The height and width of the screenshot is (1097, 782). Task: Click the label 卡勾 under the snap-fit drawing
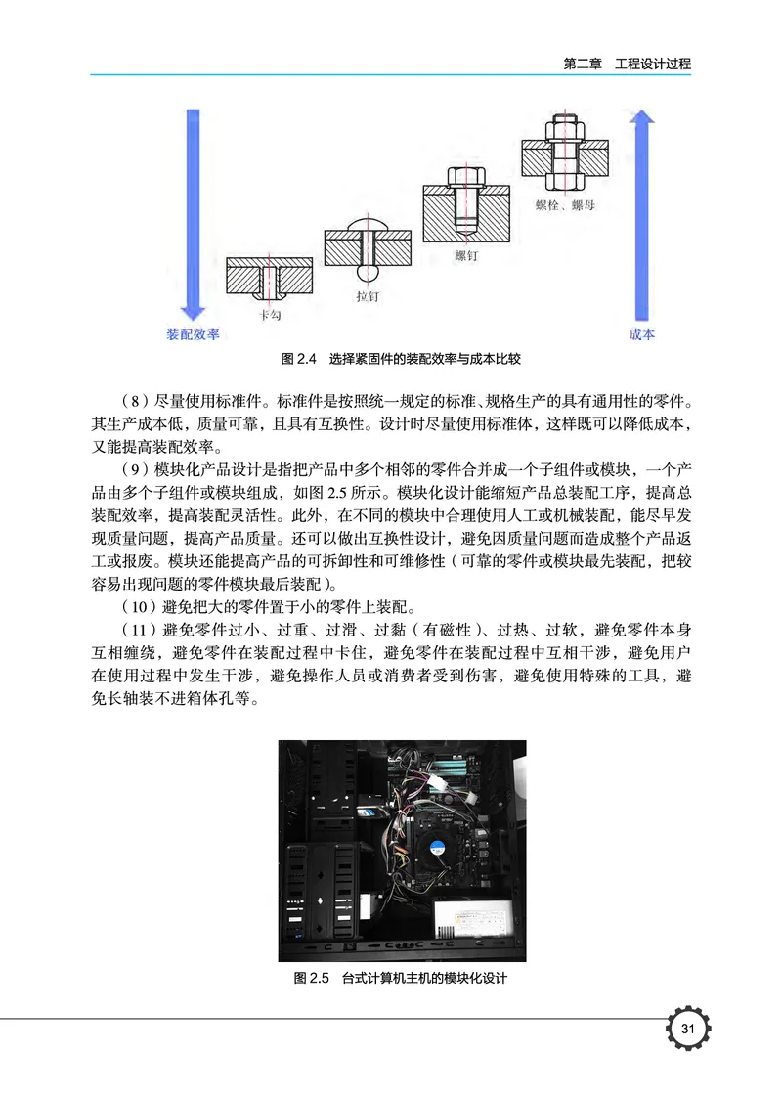coord(270,316)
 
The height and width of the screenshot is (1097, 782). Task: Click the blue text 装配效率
coord(193,334)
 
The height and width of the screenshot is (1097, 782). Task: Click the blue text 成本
coord(641,334)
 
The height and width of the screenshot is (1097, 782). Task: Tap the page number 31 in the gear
coord(687,1029)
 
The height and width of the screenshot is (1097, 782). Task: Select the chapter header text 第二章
coord(584,64)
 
